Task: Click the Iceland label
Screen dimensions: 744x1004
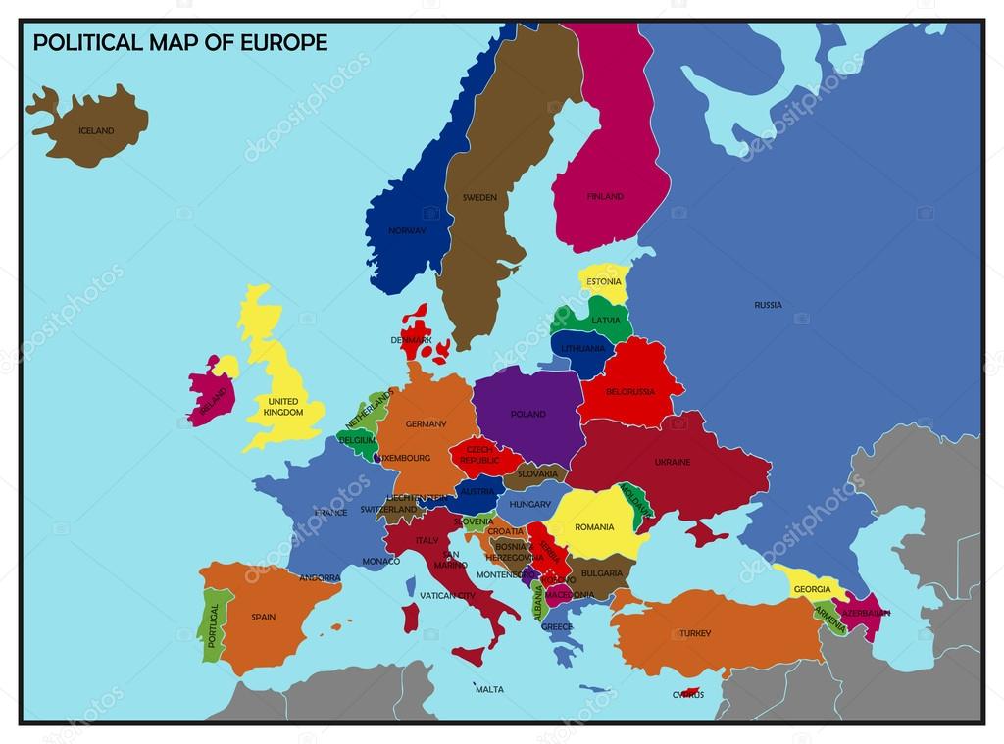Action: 96,130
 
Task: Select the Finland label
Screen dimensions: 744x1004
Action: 605,196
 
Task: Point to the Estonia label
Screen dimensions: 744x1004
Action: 604,282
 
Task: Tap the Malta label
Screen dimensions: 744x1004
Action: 489,689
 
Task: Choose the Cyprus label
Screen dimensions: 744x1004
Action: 687,695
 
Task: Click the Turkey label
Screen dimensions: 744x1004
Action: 695,633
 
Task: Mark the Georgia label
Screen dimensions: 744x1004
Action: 812,589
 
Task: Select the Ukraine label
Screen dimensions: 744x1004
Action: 673,462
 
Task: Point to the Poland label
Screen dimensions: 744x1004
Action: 528,414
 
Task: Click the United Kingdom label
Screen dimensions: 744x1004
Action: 282,407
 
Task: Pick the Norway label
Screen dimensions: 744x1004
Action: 407,231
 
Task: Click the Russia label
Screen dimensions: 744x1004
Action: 769,305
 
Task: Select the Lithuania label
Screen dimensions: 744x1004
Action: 583,348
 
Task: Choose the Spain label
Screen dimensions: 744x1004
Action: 263,618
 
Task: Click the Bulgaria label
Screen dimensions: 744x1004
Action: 601,572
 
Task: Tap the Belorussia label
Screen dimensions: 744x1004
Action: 630,392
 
